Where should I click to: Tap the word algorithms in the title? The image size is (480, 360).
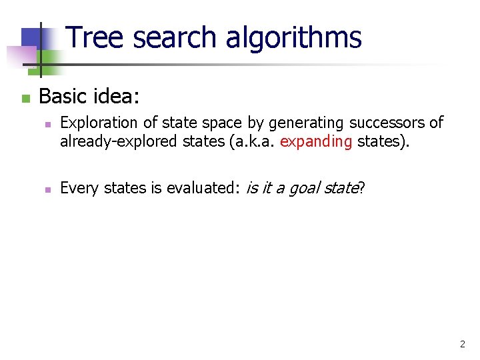293,38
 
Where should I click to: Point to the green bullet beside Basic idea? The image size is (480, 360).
25,99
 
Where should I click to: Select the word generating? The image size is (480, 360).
303,123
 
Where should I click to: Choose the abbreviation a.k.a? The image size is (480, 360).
251,141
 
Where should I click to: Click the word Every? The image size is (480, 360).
77,189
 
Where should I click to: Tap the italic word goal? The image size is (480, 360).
303,189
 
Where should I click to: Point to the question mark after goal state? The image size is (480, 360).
361,189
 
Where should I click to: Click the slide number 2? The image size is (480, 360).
462,345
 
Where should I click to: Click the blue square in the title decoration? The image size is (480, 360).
32,39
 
